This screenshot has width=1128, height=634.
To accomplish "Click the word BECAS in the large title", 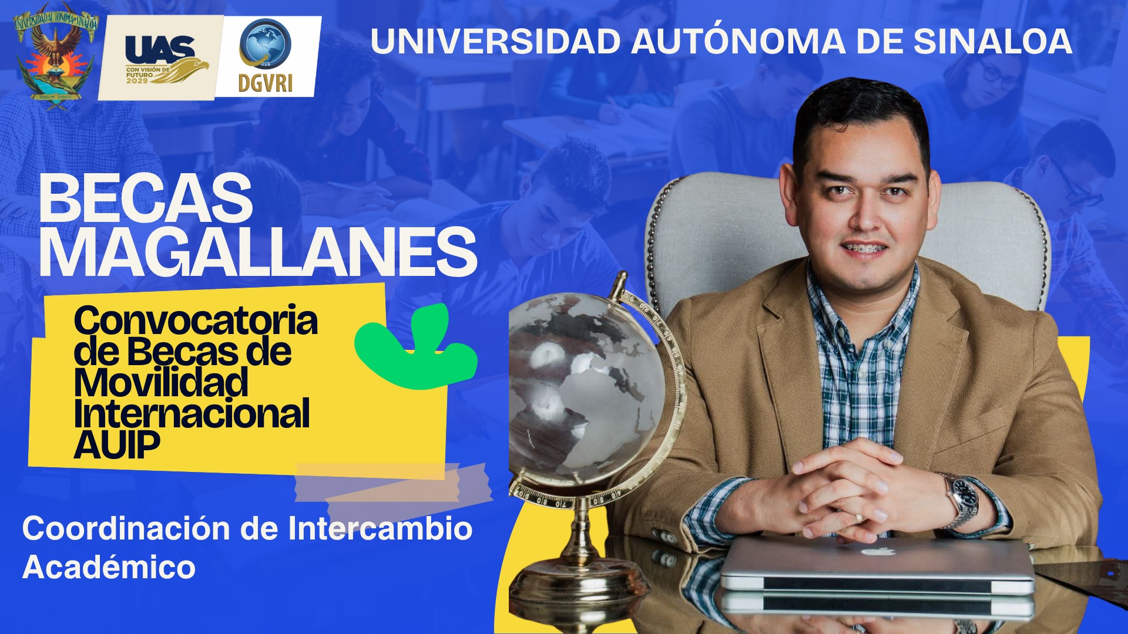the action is point(146,199).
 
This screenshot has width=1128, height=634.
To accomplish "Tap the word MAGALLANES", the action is point(258,252).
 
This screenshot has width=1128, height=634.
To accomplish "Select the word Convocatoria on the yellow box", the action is point(196,321).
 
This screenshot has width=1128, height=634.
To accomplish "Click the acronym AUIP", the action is point(117,444).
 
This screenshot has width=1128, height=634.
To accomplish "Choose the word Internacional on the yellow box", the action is point(192,413).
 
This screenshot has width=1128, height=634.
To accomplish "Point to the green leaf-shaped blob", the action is point(416,348).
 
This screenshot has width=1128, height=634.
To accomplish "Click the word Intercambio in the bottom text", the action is point(380,528).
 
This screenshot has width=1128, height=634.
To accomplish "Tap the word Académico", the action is point(109,567).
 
